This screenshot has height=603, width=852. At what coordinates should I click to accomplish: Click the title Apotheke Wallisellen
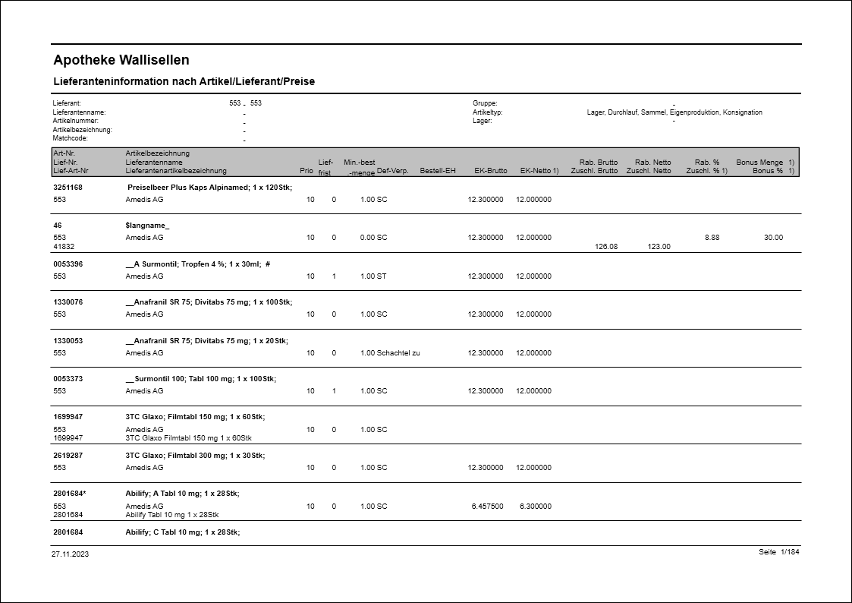click(121, 60)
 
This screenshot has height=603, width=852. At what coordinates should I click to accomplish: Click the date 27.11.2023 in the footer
click(71, 554)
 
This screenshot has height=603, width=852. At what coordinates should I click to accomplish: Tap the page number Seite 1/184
click(778, 552)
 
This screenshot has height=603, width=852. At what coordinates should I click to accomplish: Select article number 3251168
click(68, 187)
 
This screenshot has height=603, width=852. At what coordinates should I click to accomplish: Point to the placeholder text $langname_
click(148, 226)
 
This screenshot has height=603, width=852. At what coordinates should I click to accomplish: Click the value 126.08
click(606, 246)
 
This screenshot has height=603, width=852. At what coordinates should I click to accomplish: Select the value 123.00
click(659, 246)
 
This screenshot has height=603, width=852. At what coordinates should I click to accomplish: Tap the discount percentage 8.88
click(712, 238)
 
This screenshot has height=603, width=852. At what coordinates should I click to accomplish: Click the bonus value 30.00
click(773, 238)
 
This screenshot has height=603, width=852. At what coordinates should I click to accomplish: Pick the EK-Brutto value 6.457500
click(487, 507)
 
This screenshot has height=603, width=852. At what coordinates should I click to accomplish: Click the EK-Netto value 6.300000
click(535, 507)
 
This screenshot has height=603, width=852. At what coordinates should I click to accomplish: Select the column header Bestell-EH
click(438, 171)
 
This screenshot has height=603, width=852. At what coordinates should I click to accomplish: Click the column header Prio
click(307, 171)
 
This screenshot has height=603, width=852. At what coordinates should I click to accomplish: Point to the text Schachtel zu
click(398, 353)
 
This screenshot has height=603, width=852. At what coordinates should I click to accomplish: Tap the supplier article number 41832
click(64, 246)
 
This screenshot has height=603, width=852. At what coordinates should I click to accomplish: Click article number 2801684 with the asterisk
click(70, 494)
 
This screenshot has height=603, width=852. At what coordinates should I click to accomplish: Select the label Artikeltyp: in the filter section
click(487, 112)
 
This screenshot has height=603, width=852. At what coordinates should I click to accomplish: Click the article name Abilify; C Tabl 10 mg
click(182, 532)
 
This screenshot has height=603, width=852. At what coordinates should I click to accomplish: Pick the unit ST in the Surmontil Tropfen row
click(382, 276)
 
